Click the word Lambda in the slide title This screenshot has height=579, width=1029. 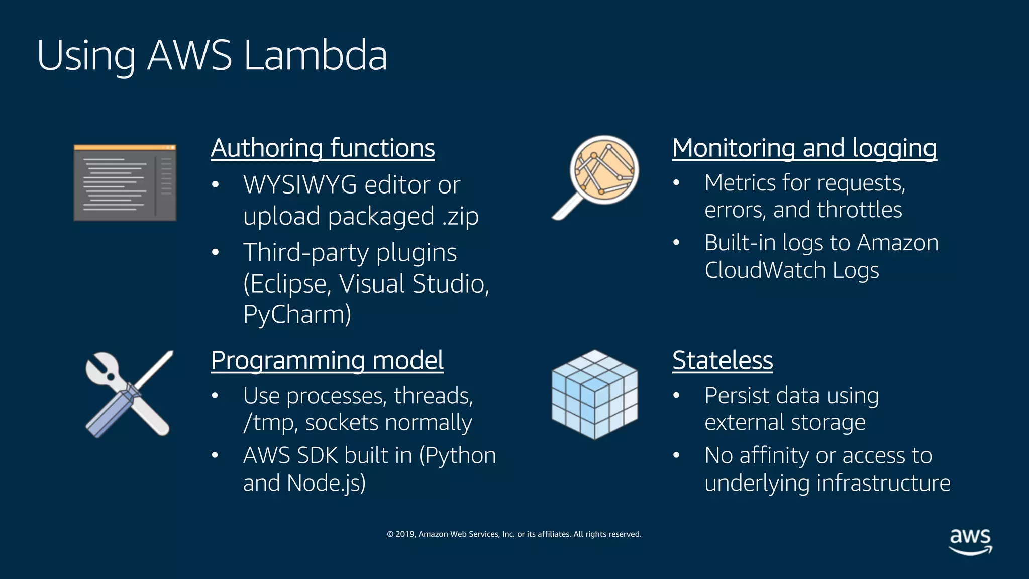[x=315, y=55]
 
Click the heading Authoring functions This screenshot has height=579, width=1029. [x=323, y=148]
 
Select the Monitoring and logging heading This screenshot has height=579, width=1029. [x=804, y=148]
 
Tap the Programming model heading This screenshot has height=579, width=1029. [x=327, y=360]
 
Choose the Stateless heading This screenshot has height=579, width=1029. [x=723, y=360]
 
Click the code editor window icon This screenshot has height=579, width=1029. [x=125, y=183]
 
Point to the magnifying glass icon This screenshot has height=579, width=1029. [x=596, y=176]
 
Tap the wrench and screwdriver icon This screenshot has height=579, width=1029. [x=129, y=394]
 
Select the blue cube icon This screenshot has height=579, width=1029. [x=594, y=394]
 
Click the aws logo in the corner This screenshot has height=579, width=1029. [x=970, y=541]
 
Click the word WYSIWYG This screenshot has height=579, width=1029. [x=300, y=185]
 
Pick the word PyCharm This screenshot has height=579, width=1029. [x=297, y=315]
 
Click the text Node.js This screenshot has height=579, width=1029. [x=326, y=483]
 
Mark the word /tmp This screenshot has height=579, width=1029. [x=266, y=423]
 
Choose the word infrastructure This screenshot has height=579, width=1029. [x=883, y=483]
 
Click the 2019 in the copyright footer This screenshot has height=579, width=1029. [x=405, y=534]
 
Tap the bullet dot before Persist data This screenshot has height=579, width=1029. [x=676, y=396]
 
